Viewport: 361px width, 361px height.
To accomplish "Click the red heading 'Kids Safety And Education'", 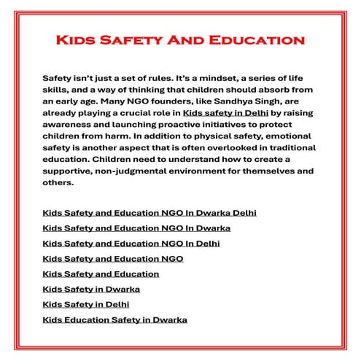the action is [180, 38].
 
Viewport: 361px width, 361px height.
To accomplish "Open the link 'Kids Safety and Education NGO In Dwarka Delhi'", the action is [150, 213].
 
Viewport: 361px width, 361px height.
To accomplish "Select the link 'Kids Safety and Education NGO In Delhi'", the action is [131, 243].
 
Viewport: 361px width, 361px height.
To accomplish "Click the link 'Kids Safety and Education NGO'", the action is [113, 258].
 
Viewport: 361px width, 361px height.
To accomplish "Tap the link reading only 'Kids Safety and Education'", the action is [101, 273].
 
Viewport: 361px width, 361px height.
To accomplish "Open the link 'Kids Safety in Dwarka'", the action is [92, 289].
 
